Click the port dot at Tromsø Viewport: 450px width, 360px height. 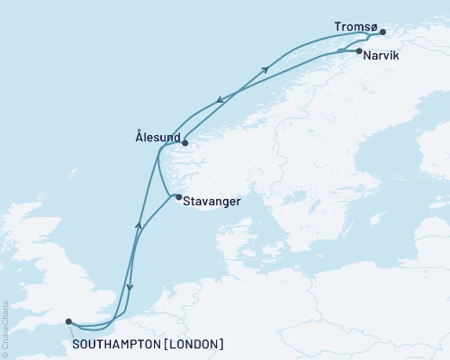click(382, 32)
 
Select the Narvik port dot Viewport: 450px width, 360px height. click(359, 51)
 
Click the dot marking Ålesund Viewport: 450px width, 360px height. click(184, 142)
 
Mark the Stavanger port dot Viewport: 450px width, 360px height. click(178, 197)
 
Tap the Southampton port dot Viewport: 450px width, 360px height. click(68, 319)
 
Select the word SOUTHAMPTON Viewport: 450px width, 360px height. click(112, 344)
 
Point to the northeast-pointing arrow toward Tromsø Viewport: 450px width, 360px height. click(265, 69)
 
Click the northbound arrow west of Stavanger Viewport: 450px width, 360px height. click(138, 226)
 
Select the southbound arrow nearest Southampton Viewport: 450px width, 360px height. click(130, 289)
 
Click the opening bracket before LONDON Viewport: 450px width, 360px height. click(165, 344)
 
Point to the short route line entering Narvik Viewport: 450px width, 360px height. click(348, 52)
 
